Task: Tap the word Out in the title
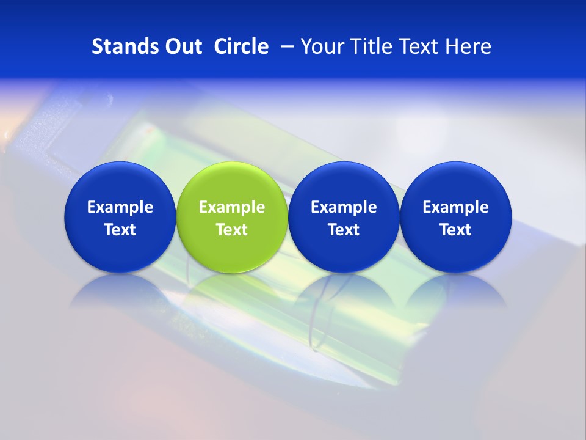181,46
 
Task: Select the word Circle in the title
241,46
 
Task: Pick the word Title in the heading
368,46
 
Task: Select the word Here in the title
468,46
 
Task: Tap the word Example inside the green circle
232,207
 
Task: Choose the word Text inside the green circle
232,230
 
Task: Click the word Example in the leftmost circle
120,207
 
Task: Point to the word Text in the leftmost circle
120,230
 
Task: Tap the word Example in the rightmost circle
455,207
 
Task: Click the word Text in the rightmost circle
455,230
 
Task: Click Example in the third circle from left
344,207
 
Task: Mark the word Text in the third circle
344,230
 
